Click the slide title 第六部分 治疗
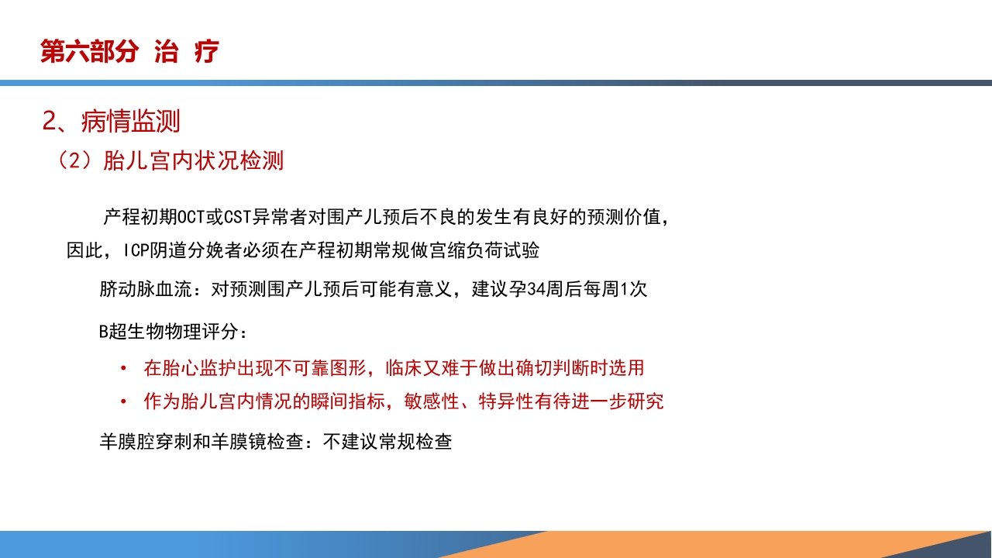[130, 52]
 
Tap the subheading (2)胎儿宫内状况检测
[170, 160]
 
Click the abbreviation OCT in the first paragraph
[191, 216]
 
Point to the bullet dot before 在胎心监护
[124, 368]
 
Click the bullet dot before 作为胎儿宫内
[124, 402]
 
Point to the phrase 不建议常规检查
[387, 443]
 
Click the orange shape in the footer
[697, 545]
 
